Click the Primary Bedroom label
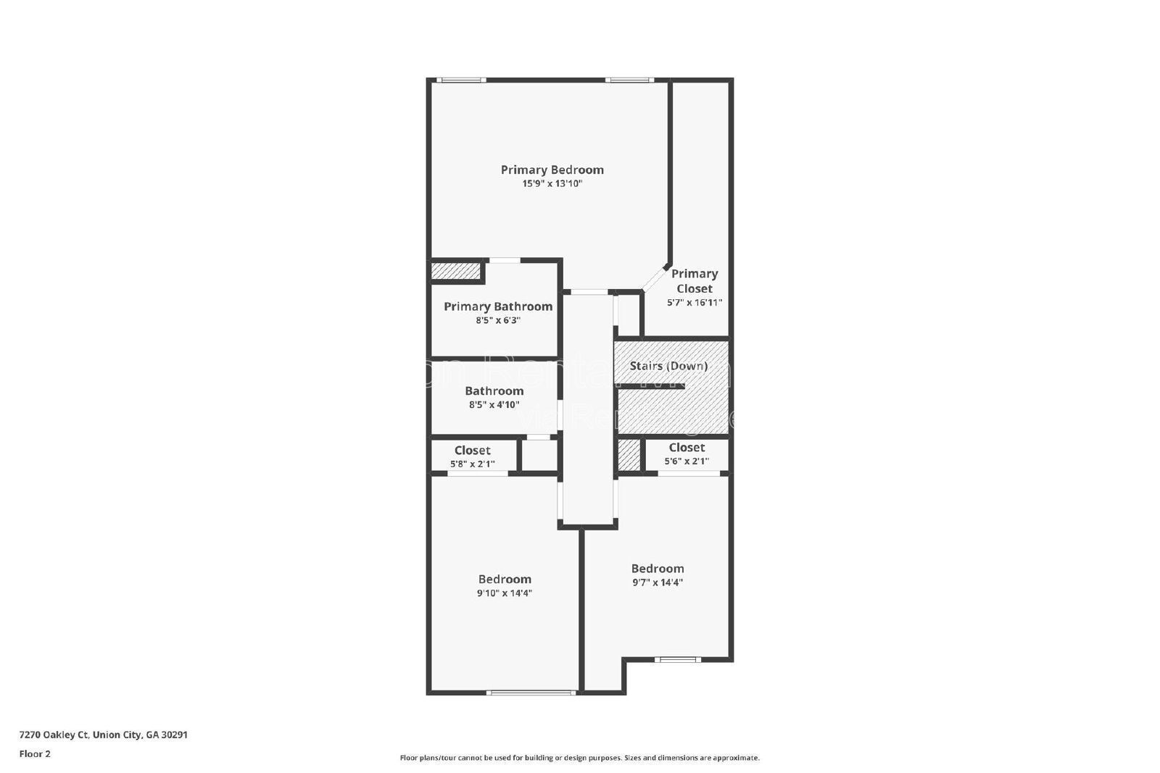552,170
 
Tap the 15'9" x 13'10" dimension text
552,184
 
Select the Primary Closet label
694,281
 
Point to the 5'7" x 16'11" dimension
694,303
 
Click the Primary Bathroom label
498,306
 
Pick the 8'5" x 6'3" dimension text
498,320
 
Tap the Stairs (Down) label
668,366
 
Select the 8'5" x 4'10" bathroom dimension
494,405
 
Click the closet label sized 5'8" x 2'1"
472,451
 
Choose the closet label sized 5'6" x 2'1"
687,448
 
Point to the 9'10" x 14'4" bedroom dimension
504,593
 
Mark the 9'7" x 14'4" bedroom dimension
657,582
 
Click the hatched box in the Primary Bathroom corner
456,271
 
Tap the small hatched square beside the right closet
629,456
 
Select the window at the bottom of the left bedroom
531,693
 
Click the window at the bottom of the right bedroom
677,659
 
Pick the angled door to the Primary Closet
655,279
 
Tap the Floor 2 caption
35,754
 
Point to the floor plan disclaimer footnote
579,758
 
